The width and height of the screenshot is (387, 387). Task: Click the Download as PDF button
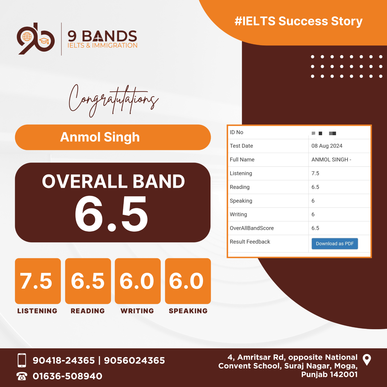(x=335, y=244)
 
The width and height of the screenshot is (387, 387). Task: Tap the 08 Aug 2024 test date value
(x=327, y=146)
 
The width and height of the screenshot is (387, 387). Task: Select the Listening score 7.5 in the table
(x=315, y=173)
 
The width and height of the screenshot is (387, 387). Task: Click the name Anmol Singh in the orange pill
(x=100, y=137)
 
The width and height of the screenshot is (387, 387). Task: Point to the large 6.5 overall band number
(x=111, y=214)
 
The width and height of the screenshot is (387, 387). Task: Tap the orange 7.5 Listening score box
(x=38, y=281)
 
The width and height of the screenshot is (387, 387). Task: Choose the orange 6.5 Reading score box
(x=88, y=281)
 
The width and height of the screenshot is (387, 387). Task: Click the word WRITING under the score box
(x=137, y=311)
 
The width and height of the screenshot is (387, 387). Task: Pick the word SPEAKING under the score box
(x=188, y=311)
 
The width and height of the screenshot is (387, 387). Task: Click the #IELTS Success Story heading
(x=299, y=21)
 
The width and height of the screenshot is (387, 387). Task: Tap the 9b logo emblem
(x=36, y=38)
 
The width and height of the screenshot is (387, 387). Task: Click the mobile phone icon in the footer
(x=22, y=360)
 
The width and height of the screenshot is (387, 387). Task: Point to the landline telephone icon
(x=22, y=376)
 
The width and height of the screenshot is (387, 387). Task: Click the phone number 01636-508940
(x=67, y=376)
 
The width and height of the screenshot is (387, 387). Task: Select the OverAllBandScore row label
(x=252, y=228)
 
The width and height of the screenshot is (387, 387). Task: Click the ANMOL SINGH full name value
(x=331, y=159)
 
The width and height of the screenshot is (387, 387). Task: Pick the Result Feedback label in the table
(x=250, y=242)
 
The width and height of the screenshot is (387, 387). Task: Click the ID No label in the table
(x=237, y=132)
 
